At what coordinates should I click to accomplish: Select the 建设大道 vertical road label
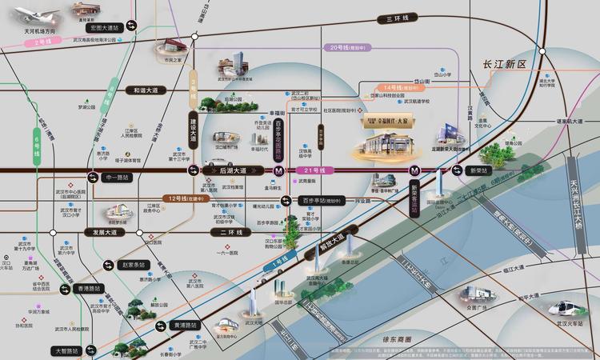pyautogui.click(x=192, y=134)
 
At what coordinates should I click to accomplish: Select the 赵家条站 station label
pyautogui.click(x=135, y=265)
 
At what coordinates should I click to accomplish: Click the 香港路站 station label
pyautogui.click(x=87, y=287)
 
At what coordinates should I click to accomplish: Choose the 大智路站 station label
pyautogui.click(x=67, y=350)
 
